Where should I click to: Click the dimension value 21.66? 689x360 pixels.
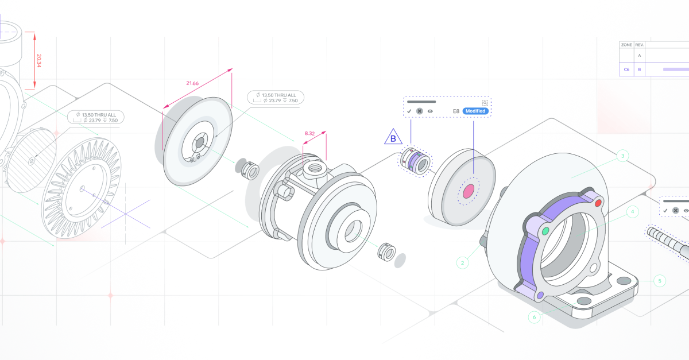pyautogui.click(x=192, y=84)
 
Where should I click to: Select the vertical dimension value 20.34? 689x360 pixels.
pyautogui.click(x=39, y=61)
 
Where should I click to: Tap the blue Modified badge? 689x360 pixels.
pyautogui.click(x=475, y=111)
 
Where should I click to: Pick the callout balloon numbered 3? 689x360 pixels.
pyautogui.click(x=622, y=156)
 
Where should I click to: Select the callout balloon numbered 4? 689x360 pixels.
pyautogui.click(x=632, y=212)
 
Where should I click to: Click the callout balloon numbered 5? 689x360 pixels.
pyautogui.click(x=660, y=281)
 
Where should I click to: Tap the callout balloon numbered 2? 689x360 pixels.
pyautogui.click(x=463, y=263)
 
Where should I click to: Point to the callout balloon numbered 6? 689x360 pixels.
pyautogui.click(x=535, y=317)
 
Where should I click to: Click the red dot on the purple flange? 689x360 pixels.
pyautogui.click(x=598, y=203)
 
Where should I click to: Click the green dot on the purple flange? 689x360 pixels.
pyautogui.click(x=545, y=231)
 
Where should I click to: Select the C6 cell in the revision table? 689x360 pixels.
pyautogui.click(x=626, y=69)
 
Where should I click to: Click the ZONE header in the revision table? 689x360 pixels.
pyautogui.click(x=626, y=44)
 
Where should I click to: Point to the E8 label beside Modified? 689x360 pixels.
pyautogui.click(x=456, y=111)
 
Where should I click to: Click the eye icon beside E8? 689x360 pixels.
pyautogui.click(x=430, y=111)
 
